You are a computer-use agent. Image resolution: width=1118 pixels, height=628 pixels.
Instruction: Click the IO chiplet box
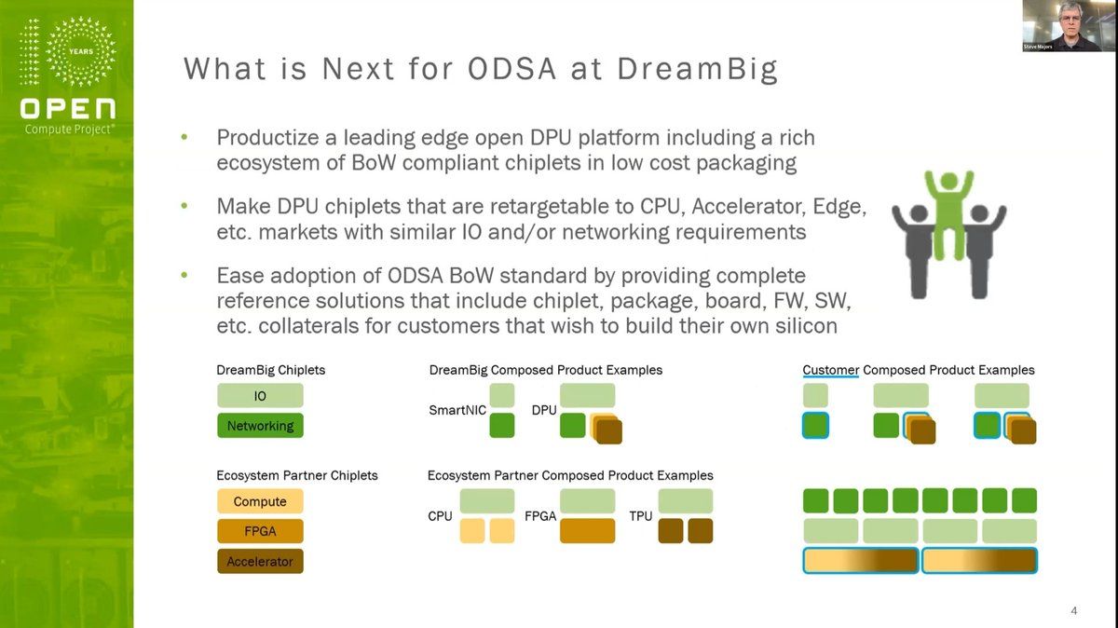tap(260, 396)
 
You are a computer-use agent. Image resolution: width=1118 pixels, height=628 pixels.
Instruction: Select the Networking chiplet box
tap(260, 426)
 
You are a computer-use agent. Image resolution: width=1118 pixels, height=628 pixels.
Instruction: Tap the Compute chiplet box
tap(260, 501)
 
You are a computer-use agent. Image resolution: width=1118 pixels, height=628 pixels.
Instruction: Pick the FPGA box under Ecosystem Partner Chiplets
tap(260, 531)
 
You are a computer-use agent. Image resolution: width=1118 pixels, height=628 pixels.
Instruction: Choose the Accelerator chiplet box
tap(260, 562)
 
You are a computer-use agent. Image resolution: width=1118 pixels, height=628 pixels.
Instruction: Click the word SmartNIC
tap(457, 410)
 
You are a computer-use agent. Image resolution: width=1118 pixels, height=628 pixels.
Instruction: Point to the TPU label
tap(641, 515)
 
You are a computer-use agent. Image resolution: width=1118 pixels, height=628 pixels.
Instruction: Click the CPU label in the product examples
tap(441, 515)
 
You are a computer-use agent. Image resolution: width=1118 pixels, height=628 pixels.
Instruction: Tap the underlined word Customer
tap(830, 370)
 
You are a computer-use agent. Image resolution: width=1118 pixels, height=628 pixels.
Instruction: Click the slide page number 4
tap(1074, 611)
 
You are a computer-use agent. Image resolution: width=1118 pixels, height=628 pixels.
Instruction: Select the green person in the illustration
tap(949, 210)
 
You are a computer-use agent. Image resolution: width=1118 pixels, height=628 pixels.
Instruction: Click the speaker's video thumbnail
tap(1068, 25)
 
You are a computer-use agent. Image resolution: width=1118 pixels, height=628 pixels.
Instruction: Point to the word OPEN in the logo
tap(68, 108)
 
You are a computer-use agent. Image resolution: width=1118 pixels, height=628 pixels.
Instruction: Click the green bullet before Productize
tap(184, 138)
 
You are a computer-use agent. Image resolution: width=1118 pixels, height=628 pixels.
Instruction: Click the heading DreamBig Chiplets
tap(271, 370)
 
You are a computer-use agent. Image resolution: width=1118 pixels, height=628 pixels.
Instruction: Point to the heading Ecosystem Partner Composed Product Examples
tap(570, 475)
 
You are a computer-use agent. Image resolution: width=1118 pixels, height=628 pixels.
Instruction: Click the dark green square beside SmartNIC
tap(502, 426)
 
